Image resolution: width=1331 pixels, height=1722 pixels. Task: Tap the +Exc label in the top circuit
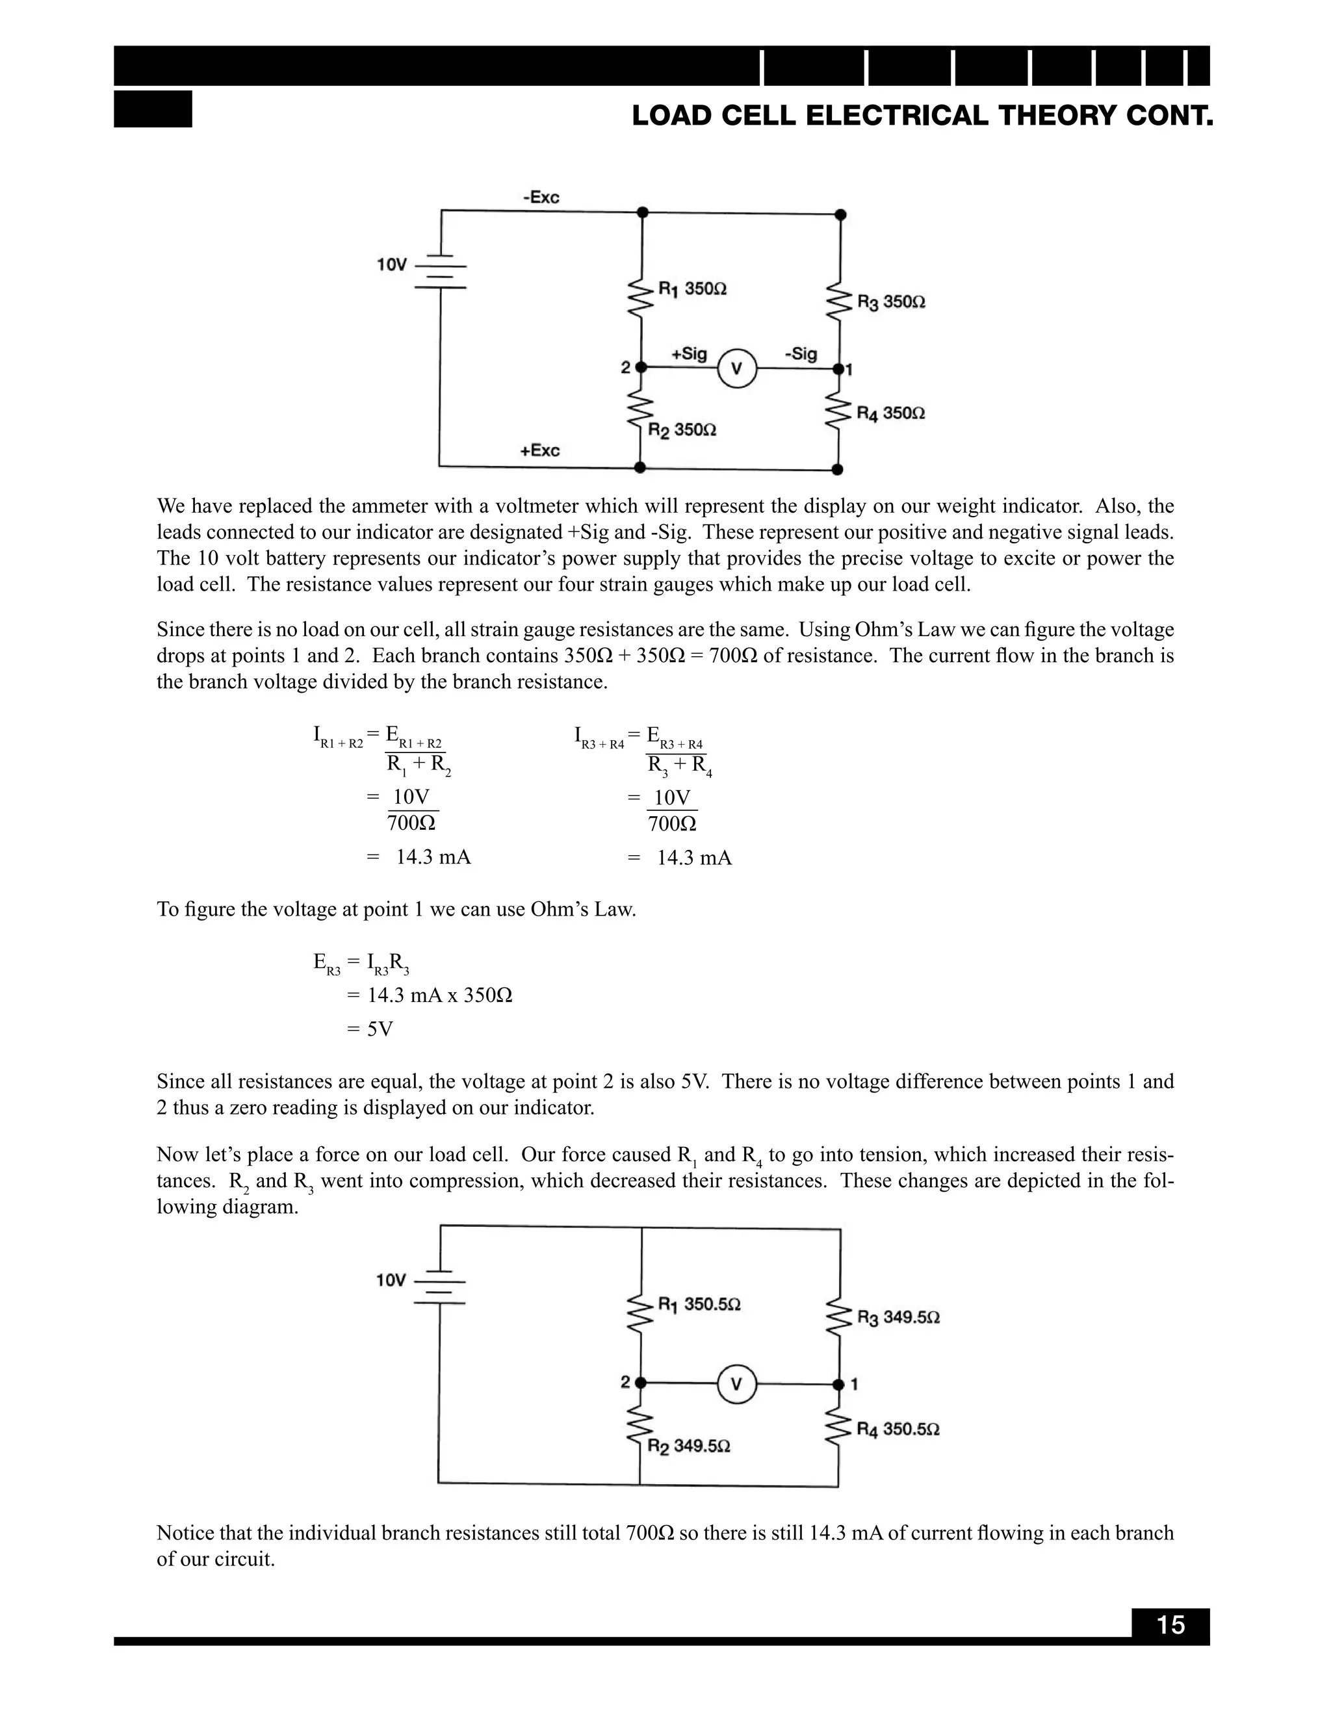point(539,450)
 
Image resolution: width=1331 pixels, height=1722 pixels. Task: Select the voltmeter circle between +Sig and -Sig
point(736,368)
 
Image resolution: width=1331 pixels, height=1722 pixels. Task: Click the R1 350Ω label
point(692,289)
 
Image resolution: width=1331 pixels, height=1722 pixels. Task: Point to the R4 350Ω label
point(891,413)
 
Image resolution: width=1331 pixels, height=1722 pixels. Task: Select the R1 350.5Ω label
point(699,1304)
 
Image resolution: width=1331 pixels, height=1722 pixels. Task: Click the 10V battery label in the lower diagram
point(391,1279)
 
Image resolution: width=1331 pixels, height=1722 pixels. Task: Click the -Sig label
point(801,353)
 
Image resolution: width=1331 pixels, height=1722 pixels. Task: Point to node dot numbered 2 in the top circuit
point(641,367)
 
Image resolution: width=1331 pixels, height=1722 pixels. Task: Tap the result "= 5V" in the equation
point(370,1029)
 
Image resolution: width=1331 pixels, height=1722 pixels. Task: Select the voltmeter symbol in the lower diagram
point(736,1383)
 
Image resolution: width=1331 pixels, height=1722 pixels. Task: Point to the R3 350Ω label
point(891,302)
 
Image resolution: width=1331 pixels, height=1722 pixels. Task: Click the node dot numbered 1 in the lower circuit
point(838,1383)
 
